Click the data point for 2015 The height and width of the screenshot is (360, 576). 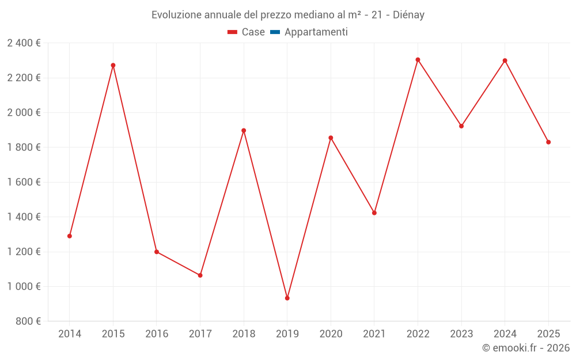(113, 65)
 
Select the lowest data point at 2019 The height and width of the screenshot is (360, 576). (287, 298)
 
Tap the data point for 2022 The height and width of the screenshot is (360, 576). (418, 60)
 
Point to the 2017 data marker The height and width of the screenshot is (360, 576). (200, 275)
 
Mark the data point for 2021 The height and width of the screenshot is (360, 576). (374, 213)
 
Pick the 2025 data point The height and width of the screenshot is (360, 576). (548, 142)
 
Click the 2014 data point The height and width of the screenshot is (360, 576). (70, 236)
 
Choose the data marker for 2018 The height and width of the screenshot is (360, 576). (244, 130)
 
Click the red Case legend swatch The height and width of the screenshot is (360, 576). (233, 32)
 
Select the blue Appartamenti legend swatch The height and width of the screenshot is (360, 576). (275, 32)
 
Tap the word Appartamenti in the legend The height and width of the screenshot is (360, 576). (316, 32)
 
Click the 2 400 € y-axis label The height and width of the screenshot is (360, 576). (24, 43)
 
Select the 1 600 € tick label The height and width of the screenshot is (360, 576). (24, 182)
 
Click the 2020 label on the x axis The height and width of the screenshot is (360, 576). (331, 334)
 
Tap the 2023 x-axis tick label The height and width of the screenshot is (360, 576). (461, 334)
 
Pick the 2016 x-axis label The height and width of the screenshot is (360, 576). (157, 334)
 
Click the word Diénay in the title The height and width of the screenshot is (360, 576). (408, 15)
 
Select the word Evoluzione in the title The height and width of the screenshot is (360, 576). (176, 15)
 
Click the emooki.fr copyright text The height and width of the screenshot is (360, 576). (526, 348)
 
